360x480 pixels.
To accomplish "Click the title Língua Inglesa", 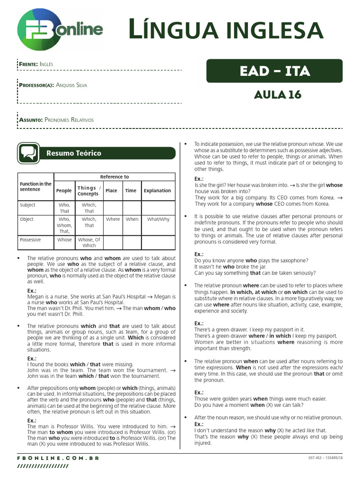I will click(226, 30).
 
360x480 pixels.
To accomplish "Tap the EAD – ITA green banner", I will click(274, 71).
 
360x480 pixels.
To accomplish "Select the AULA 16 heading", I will click(277, 94).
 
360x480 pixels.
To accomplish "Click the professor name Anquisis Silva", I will click(71, 85).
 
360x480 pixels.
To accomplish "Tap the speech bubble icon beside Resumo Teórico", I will click(29, 153).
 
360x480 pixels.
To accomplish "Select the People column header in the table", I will click(64, 191).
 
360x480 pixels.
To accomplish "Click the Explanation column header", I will click(157, 191).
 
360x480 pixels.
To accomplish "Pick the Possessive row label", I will click(30, 240).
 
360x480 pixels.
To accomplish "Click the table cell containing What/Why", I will click(158, 219).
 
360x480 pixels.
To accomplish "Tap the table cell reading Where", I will click(112, 219).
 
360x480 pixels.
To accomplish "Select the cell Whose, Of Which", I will click(89, 242).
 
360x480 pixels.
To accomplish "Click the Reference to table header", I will click(114, 177).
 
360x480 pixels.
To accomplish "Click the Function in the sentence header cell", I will click(36, 187).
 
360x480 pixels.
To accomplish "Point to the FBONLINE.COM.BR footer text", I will click(58, 458).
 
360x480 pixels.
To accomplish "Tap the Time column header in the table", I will click(131, 191).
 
